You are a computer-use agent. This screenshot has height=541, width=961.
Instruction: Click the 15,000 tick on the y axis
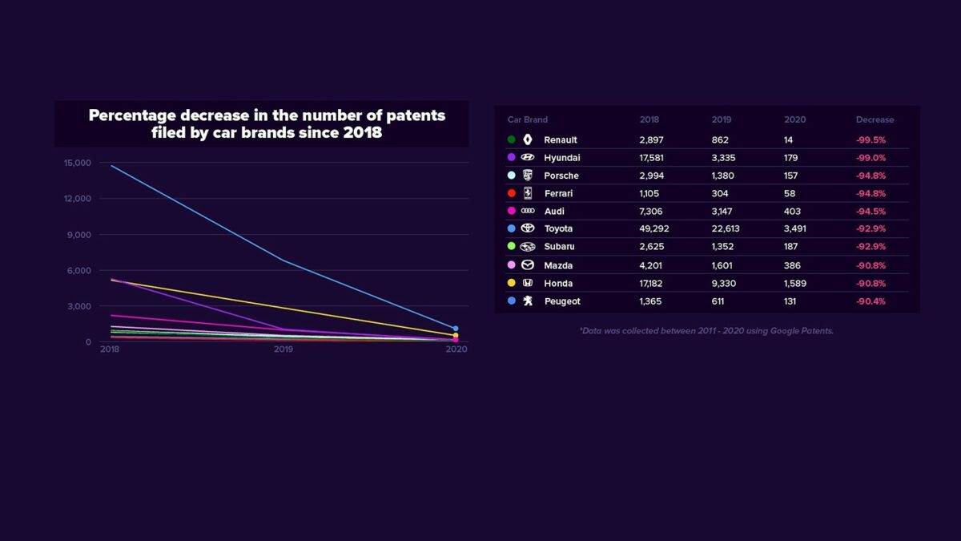[x=78, y=163]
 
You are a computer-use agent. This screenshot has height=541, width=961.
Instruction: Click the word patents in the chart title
[x=412, y=115]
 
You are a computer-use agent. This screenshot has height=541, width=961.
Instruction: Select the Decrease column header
[x=875, y=119]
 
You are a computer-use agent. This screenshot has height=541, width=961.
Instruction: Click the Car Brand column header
[x=528, y=119]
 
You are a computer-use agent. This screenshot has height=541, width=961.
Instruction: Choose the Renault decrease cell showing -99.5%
[x=871, y=139]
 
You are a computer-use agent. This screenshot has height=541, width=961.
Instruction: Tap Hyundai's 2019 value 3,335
[x=723, y=158]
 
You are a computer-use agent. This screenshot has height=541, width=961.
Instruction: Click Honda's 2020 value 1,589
[x=797, y=283]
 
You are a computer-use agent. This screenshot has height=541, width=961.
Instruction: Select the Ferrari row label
[x=559, y=193]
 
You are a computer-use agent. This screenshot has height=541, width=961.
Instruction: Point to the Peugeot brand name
[x=562, y=301]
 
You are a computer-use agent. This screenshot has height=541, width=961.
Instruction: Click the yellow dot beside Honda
[x=511, y=283]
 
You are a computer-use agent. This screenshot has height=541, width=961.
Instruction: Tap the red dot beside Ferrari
[x=511, y=193]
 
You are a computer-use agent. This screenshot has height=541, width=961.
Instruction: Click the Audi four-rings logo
[x=528, y=211]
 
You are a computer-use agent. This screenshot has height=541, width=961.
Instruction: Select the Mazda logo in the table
[x=528, y=265]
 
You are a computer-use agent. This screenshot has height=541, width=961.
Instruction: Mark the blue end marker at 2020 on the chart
[x=456, y=329]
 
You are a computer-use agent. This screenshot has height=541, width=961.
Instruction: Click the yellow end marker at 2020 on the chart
[x=456, y=335]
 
